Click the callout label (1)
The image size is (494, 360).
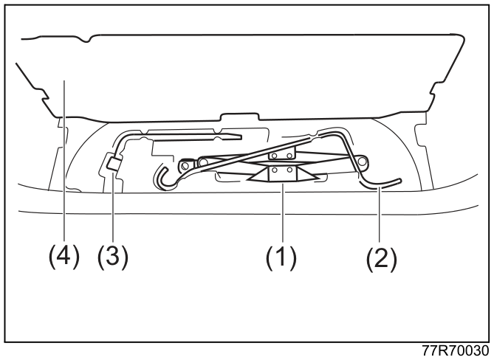tap(281, 258)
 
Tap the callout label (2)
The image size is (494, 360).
tap(381, 259)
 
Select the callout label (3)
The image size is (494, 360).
tap(113, 257)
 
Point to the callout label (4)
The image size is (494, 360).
tap(64, 257)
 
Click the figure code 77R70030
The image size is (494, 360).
tap(456, 350)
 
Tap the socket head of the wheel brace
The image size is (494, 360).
tap(114, 164)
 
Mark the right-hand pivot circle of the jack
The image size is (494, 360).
tap(363, 161)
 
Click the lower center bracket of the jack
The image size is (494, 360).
tap(282, 174)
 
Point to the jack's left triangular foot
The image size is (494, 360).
tap(258, 176)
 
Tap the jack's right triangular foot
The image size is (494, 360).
tap(306, 176)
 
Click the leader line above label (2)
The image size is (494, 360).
tap(380, 214)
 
